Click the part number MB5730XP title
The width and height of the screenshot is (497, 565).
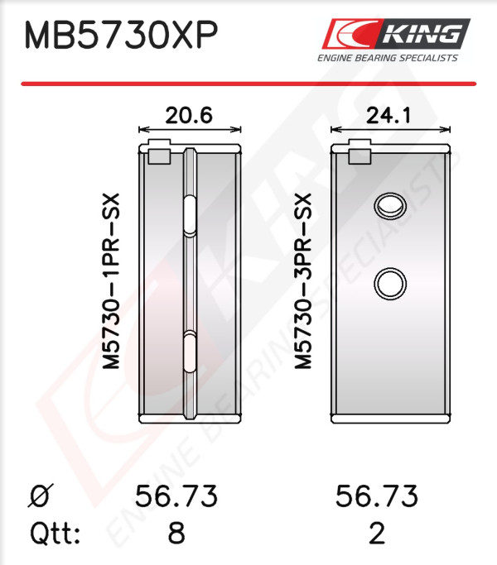click(x=121, y=35)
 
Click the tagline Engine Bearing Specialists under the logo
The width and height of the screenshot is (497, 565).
click(x=388, y=58)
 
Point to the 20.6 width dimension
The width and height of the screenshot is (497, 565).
click(x=189, y=116)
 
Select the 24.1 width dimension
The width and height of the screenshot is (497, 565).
click(x=388, y=116)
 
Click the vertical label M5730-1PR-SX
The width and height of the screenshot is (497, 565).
click(x=111, y=281)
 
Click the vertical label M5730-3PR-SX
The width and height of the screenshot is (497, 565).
click(x=302, y=281)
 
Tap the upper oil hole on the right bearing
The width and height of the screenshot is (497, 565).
click(x=390, y=206)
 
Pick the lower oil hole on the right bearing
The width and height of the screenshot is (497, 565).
click(x=390, y=284)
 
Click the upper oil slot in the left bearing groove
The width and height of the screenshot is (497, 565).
click(x=191, y=216)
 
